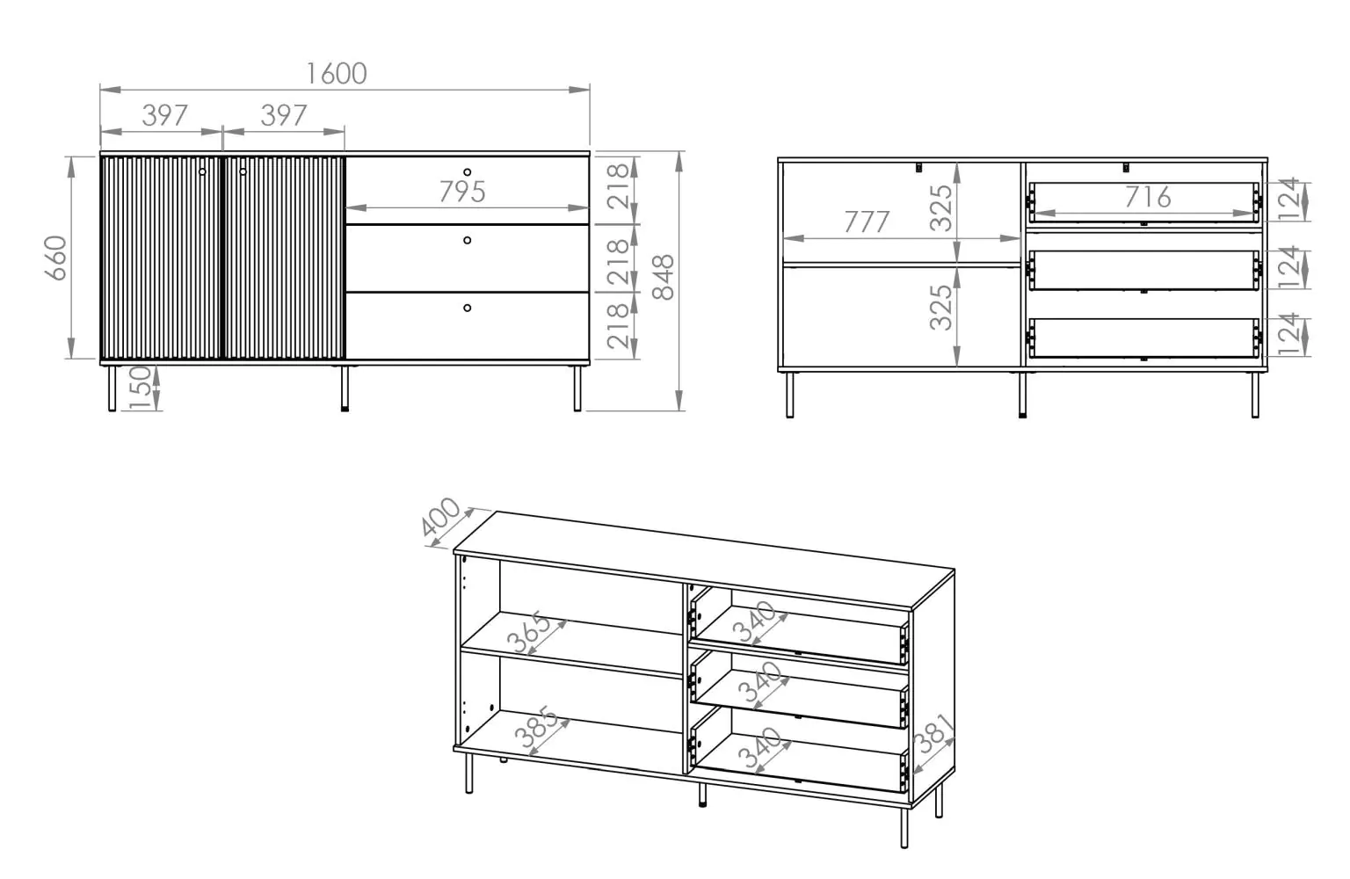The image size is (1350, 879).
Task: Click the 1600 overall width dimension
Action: pyautogui.click(x=337, y=74)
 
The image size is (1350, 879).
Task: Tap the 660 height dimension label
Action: pyautogui.click(x=56, y=258)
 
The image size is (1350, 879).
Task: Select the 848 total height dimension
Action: pyautogui.click(x=664, y=277)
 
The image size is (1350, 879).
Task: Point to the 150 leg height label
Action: pyautogui.click(x=140, y=388)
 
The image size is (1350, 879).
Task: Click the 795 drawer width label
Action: pyautogui.click(x=462, y=192)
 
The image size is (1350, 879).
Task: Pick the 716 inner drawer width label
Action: pyautogui.click(x=1148, y=197)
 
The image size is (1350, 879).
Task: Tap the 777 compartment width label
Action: pyautogui.click(x=867, y=222)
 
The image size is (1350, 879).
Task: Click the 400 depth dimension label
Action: pyautogui.click(x=440, y=517)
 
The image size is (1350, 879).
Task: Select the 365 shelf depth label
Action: pyautogui.click(x=528, y=632)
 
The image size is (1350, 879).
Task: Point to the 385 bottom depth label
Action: pyautogui.click(x=536, y=726)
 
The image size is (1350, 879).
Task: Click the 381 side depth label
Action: pyautogui.click(x=933, y=734)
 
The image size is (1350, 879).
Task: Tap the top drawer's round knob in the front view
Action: pyautogui.click(x=467, y=172)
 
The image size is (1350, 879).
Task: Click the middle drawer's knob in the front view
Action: pyautogui.click(x=467, y=241)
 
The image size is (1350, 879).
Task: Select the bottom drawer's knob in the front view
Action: pyautogui.click(x=467, y=308)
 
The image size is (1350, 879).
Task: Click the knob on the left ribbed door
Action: pyautogui.click(x=202, y=171)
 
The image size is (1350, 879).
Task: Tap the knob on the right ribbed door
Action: pyautogui.click(x=243, y=171)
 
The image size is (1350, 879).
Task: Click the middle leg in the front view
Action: pyautogui.click(x=345, y=389)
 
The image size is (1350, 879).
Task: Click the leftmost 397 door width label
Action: pyautogui.click(x=164, y=115)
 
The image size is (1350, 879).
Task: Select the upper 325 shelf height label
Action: pyautogui.click(x=940, y=208)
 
